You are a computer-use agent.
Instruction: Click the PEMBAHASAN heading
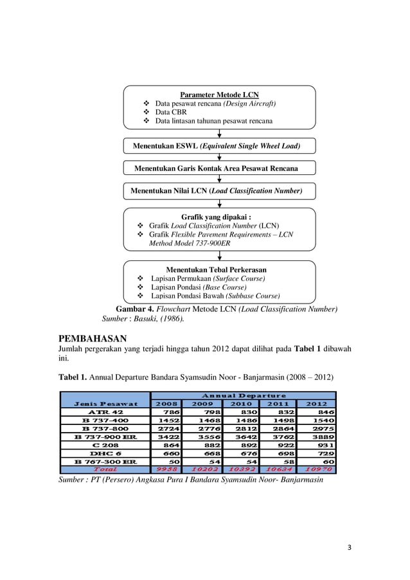(x=93, y=338)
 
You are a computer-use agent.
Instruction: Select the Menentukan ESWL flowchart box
(x=219, y=146)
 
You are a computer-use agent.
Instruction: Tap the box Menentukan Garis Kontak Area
(x=219, y=168)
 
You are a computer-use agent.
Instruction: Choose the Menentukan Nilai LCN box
(x=219, y=191)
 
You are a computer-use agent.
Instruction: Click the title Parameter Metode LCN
(x=219, y=95)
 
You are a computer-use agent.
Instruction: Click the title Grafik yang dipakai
(x=219, y=217)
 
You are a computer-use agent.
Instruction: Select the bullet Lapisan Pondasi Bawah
(x=215, y=296)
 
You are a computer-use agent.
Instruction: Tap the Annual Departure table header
(x=242, y=395)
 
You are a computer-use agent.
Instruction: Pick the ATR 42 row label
(x=105, y=412)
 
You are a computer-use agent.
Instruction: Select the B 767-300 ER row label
(x=105, y=462)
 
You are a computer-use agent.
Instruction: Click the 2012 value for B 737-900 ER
(x=319, y=437)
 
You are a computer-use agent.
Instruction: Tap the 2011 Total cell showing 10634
(x=280, y=470)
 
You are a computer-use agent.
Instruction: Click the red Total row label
(x=105, y=470)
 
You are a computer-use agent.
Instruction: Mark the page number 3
(x=350, y=547)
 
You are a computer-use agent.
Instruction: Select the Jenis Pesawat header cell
(x=105, y=404)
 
